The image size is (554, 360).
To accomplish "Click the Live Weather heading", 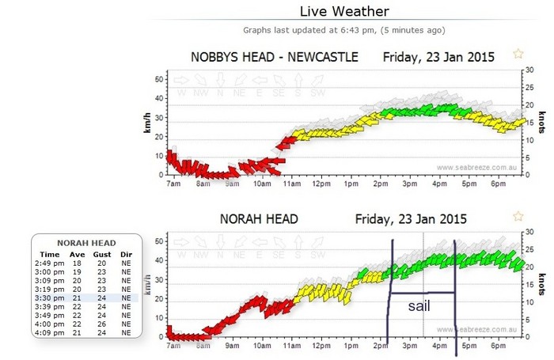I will (344, 12).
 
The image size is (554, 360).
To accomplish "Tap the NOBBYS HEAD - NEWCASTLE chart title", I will (275, 57).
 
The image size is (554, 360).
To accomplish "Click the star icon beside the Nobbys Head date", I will (518, 54).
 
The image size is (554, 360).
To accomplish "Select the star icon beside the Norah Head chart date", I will (518, 216).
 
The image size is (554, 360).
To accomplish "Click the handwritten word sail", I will (419, 306).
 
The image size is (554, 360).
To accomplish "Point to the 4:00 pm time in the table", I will (49, 324).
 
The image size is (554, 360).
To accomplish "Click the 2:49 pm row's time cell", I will (49, 263).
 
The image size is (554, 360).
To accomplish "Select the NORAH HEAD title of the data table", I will (87, 243).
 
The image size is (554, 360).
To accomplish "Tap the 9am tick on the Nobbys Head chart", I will (232, 184).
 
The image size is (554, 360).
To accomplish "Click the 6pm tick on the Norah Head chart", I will (497, 346).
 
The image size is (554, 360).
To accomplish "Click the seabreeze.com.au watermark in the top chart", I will (476, 167).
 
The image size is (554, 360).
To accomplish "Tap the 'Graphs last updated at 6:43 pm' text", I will (344, 31).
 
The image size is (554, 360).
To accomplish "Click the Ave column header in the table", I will (77, 255).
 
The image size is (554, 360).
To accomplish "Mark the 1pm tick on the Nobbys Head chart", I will (350, 184).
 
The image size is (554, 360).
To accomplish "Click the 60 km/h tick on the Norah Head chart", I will (158, 241).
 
